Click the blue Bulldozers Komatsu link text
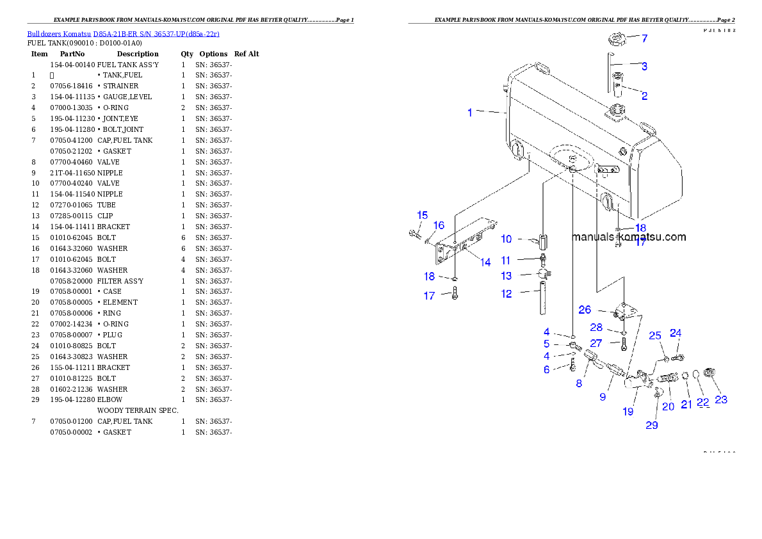[123, 34]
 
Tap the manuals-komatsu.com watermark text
[628, 237]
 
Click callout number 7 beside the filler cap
[644, 38]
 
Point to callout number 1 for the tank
[470, 113]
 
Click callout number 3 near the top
[644, 66]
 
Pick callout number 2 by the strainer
[644, 96]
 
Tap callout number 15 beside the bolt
[423, 215]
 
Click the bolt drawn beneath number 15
[414, 235]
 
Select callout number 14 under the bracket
[485, 262]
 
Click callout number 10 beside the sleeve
[507, 239]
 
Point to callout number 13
[507, 276]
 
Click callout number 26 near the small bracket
[585, 310]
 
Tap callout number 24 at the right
[676, 333]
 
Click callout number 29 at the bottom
[651, 425]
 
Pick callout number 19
[628, 412]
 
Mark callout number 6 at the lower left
[546, 369]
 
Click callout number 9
[603, 397]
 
